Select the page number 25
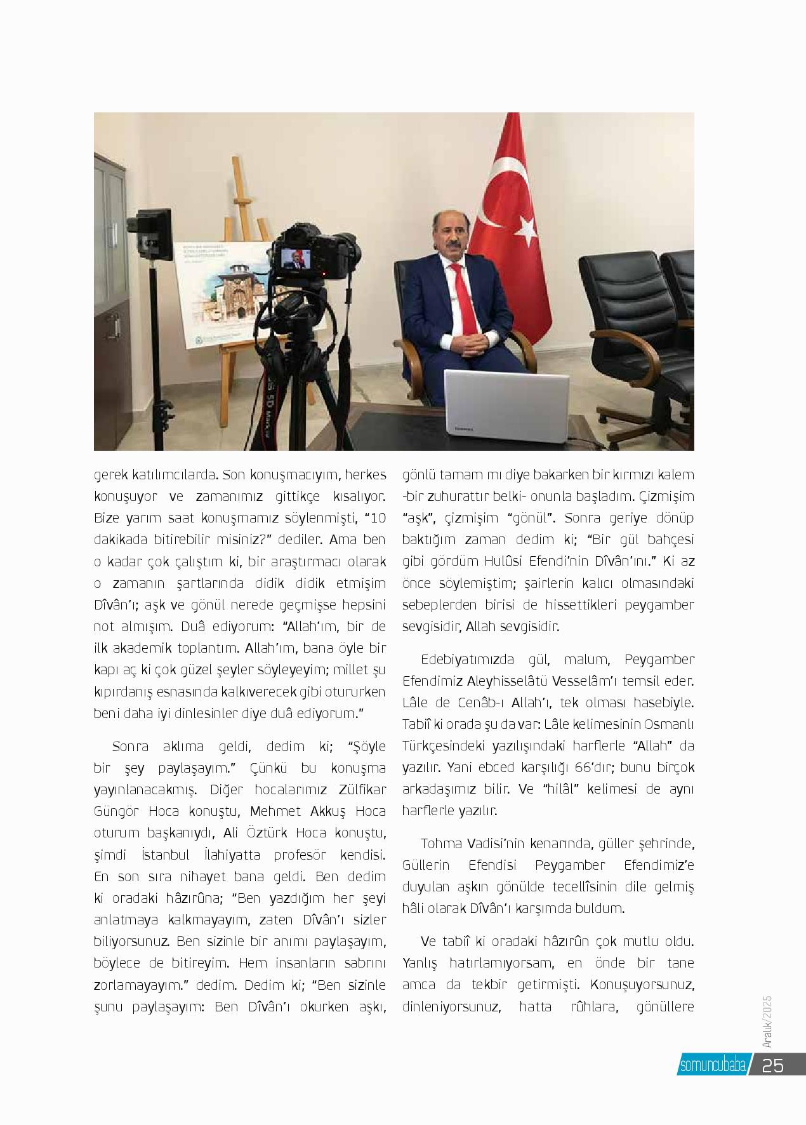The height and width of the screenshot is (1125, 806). point(774,1065)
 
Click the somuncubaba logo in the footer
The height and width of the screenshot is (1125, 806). point(713,1065)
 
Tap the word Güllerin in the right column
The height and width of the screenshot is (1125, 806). point(426,865)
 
